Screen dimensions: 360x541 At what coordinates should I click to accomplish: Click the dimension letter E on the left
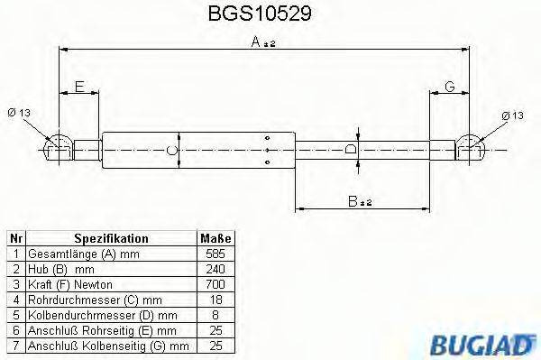click(x=79, y=87)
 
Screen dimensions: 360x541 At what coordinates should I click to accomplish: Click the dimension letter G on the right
click(x=448, y=87)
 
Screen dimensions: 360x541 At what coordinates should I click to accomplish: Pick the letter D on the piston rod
click(x=351, y=148)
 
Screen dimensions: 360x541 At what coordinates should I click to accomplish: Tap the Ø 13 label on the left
click(x=20, y=113)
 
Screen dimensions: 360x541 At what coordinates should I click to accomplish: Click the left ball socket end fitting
click(x=60, y=147)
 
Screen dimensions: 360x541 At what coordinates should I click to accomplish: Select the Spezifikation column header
click(x=111, y=238)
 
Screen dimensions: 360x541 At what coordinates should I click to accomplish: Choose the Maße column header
click(x=215, y=238)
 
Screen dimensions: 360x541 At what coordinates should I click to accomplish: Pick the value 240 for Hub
click(x=215, y=268)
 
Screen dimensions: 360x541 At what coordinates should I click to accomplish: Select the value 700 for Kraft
click(x=215, y=283)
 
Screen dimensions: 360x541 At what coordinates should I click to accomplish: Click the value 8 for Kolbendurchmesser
click(x=215, y=313)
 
